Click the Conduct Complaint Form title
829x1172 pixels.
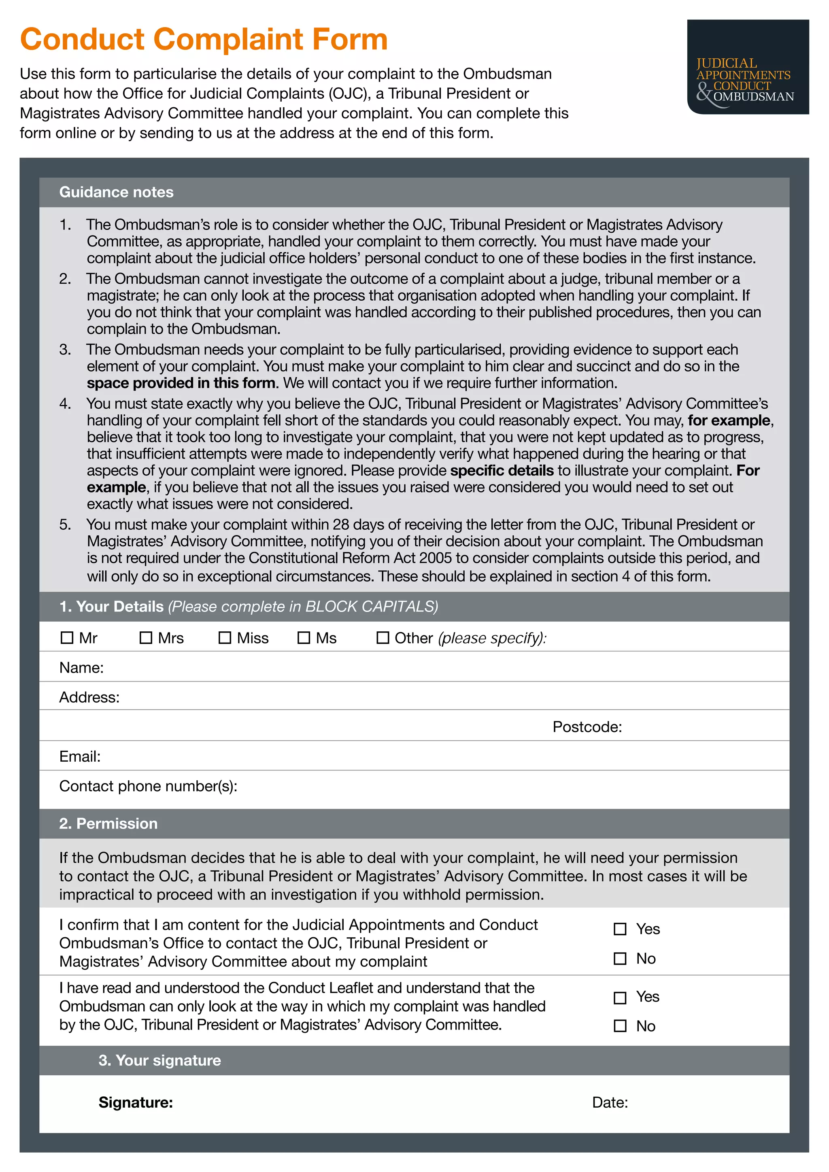(x=204, y=39)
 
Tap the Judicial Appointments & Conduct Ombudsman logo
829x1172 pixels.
(x=747, y=67)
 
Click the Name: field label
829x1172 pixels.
(x=81, y=668)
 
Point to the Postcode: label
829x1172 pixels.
(x=587, y=726)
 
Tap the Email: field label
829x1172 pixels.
(x=80, y=756)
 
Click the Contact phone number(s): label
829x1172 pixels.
(x=148, y=786)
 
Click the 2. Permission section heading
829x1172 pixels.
(x=108, y=824)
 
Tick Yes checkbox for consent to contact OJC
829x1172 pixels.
(x=620, y=929)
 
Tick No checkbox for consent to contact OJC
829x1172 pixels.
(x=620, y=959)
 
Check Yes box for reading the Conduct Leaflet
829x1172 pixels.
(x=620, y=998)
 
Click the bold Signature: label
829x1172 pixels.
(x=136, y=1102)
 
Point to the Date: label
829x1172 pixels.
(x=610, y=1102)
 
